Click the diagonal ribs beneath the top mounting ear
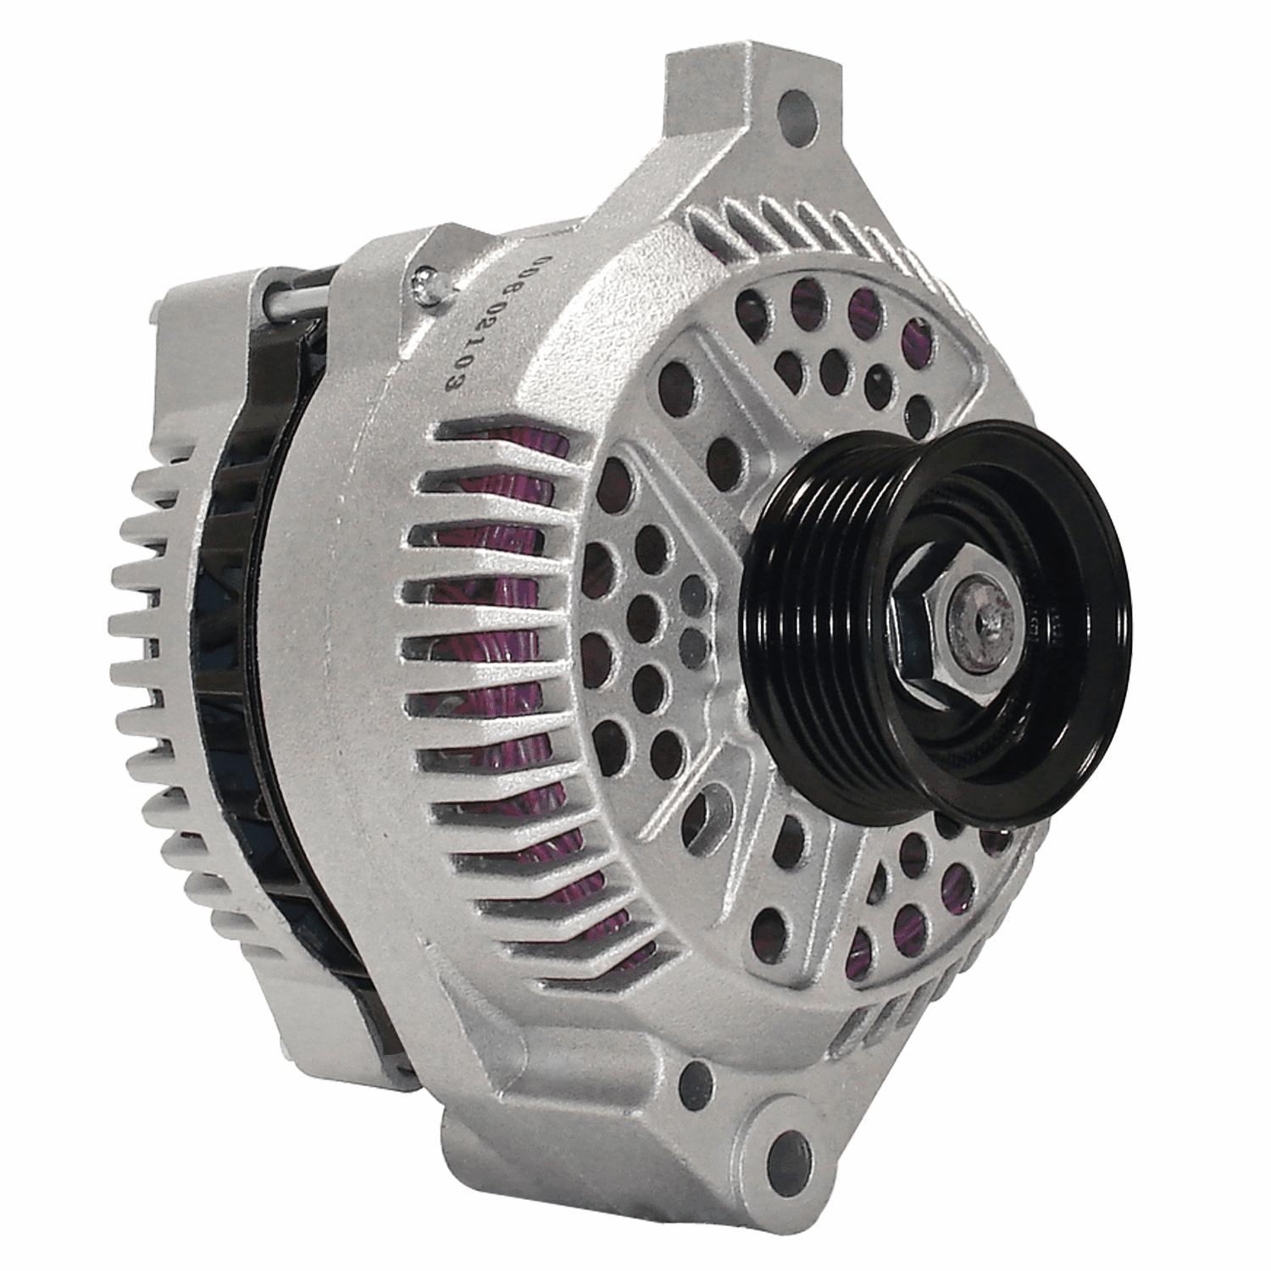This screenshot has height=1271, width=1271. [x=788, y=220]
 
